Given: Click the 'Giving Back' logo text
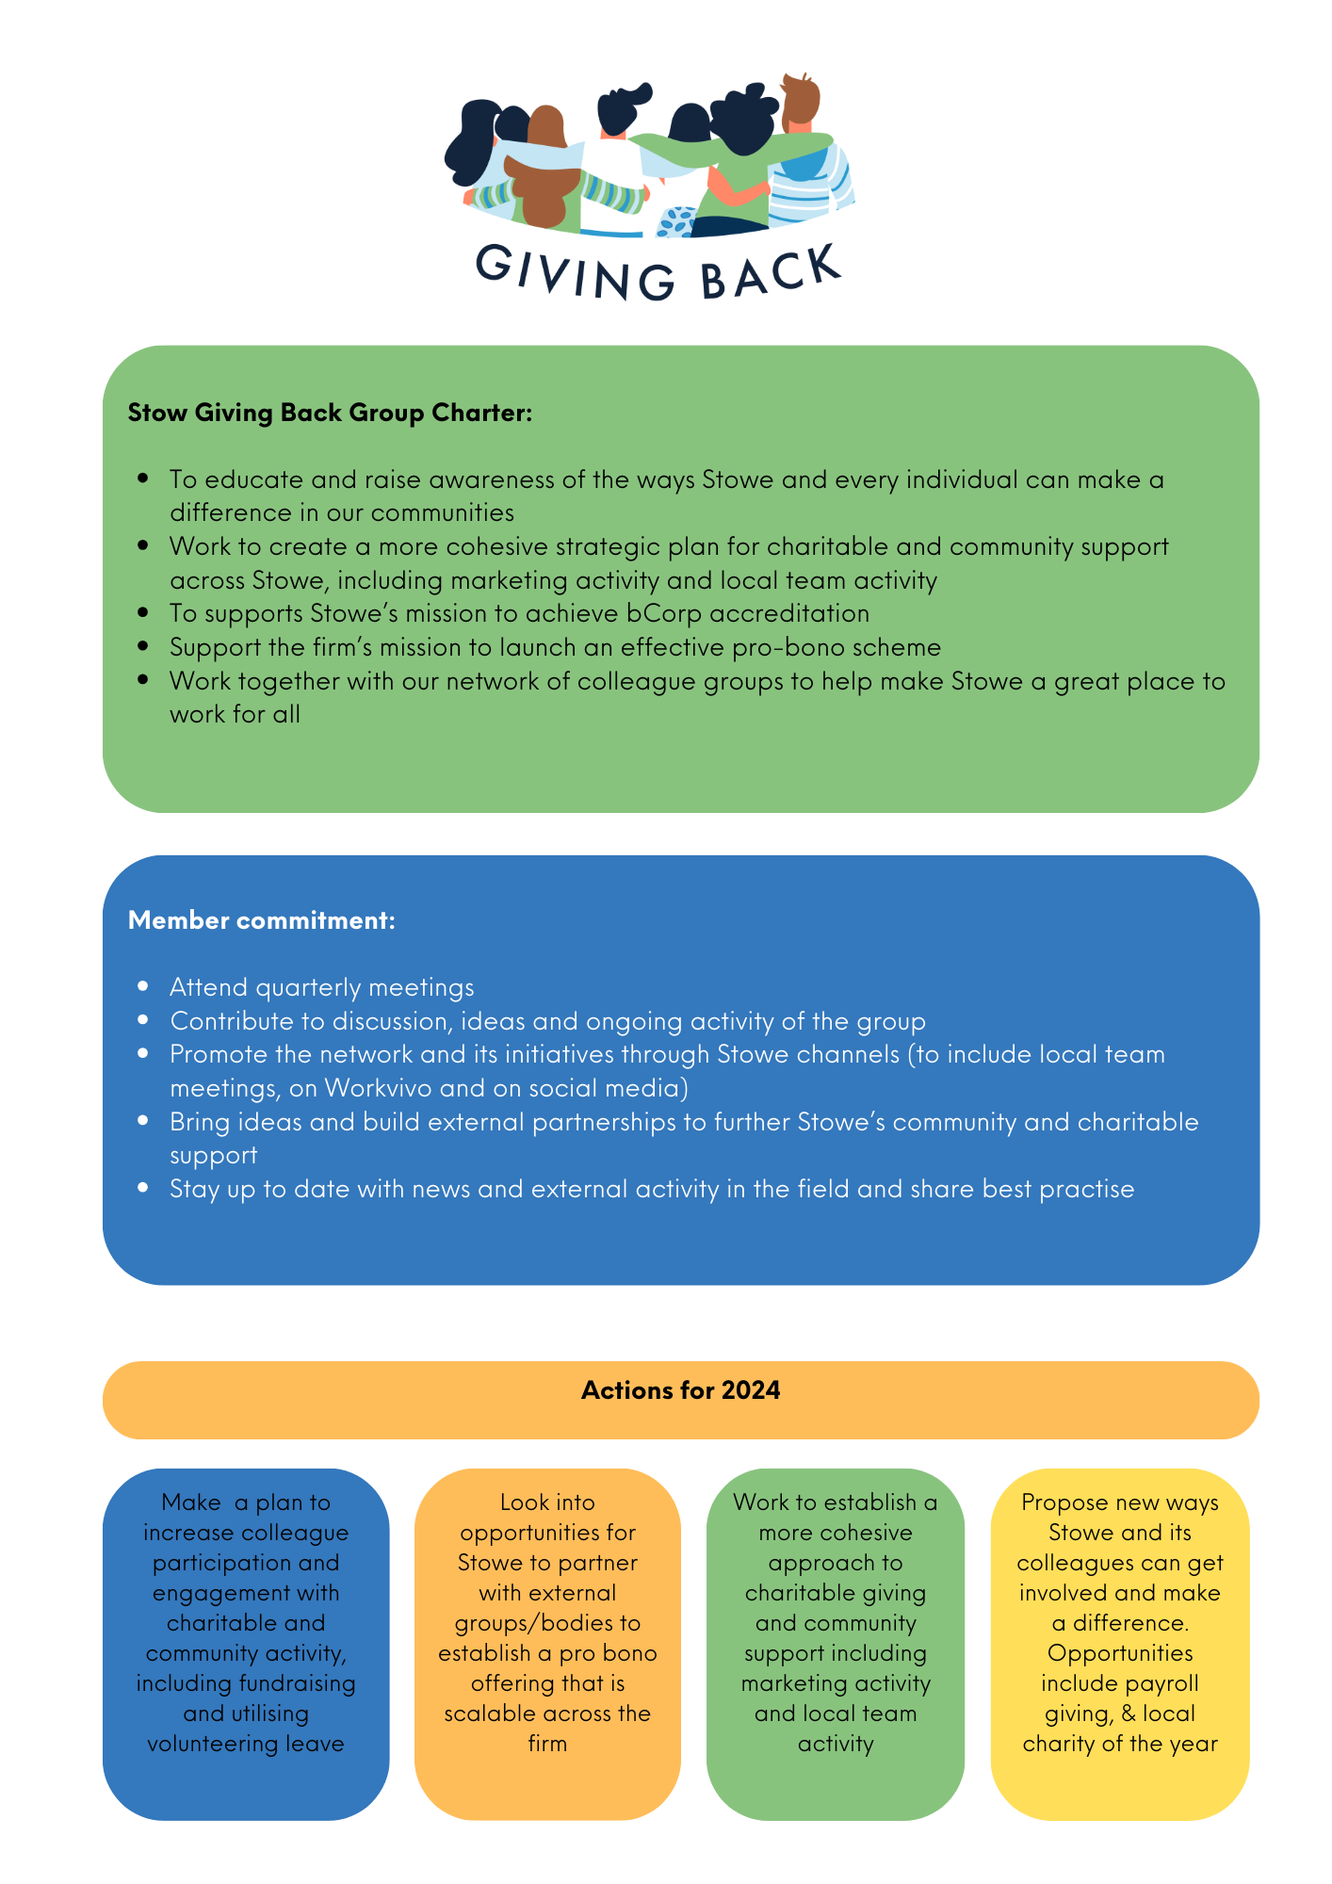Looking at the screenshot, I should click(658, 273).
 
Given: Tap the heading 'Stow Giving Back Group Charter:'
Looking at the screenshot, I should click(330, 413).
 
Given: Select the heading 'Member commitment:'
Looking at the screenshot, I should click(261, 920).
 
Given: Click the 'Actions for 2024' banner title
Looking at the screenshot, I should click(680, 1390).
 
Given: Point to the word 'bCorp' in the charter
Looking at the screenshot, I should click(664, 613).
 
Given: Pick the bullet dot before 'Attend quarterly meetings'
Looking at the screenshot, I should click(143, 986).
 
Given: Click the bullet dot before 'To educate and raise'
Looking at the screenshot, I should click(143, 479).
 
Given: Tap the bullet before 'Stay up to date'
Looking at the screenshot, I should click(143, 1188).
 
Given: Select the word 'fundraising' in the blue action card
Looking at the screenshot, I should click(298, 1683).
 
